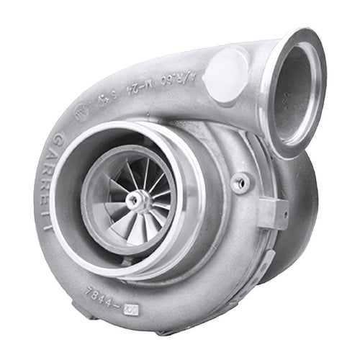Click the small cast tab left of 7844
coord(81,287)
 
